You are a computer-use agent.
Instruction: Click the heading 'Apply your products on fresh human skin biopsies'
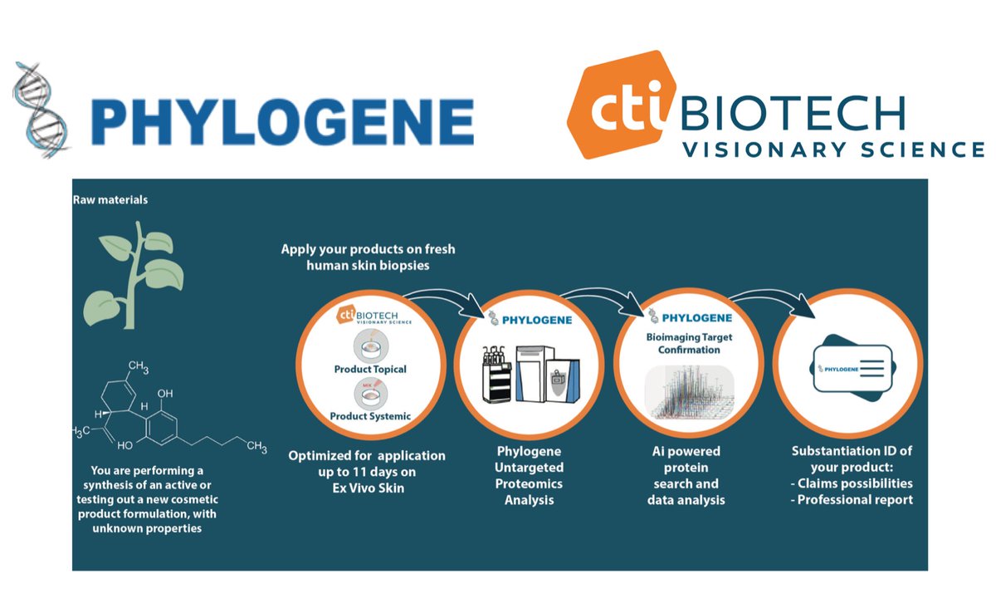click(368, 257)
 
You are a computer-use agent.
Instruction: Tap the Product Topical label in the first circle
click(370, 369)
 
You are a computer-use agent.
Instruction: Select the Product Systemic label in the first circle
click(370, 415)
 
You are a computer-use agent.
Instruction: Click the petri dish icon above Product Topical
click(369, 345)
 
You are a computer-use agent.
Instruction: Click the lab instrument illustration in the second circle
click(520, 374)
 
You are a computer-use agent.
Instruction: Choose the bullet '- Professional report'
click(850, 499)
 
